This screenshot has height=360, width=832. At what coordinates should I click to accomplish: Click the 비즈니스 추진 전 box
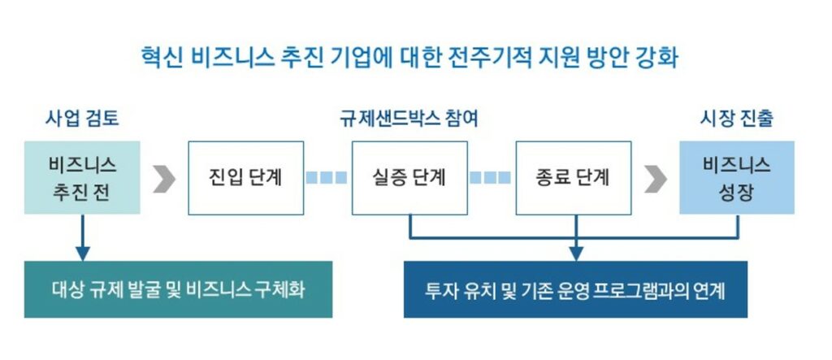pyautogui.click(x=82, y=178)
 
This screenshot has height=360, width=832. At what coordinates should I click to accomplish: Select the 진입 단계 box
pyautogui.click(x=245, y=178)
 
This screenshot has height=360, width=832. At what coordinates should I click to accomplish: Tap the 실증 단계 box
pyautogui.click(x=409, y=178)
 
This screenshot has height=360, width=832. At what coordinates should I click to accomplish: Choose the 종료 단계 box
pyautogui.click(x=574, y=178)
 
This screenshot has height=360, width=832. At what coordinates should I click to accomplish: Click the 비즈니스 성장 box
pyautogui.click(x=737, y=178)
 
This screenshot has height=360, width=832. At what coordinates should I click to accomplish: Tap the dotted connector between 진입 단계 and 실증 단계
pyautogui.click(x=327, y=178)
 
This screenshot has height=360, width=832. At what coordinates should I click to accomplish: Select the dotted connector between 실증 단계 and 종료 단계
pyautogui.click(x=491, y=178)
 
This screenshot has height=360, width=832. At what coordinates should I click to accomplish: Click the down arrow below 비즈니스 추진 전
pyautogui.click(x=81, y=244)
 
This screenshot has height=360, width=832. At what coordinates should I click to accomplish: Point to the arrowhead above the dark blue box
pyautogui.click(x=575, y=254)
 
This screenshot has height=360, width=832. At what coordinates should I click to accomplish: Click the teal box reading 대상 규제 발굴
pyautogui.click(x=178, y=289)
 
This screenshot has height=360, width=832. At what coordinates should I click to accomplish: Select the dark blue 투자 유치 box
pyautogui.click(x=575, y=289)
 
